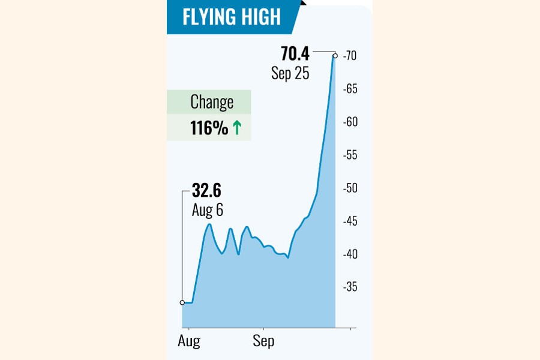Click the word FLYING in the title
210,17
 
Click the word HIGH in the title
260,17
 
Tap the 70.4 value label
295,55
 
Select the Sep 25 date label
290,74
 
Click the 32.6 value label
206,191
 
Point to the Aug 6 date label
207,210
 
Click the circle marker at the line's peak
335,56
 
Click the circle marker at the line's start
182,302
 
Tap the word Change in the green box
212,102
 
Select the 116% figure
209,128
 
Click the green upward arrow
236,128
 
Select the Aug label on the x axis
189,341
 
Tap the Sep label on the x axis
263,341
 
